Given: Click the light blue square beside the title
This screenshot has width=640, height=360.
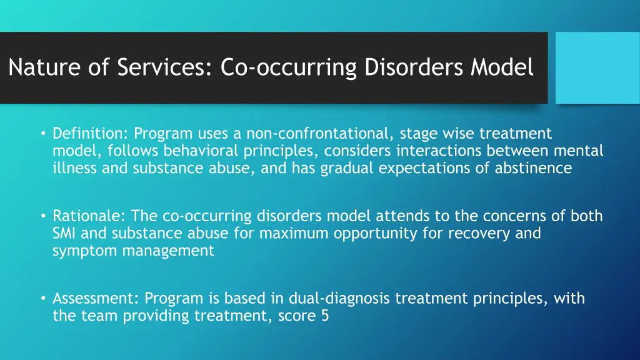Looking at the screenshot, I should pyautogui.click(x=597, y=67).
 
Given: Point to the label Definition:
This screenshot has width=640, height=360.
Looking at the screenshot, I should pyautogui.click(x=91, y=134).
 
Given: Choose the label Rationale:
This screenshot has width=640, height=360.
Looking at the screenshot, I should pyautogui.click(x=89, y=216).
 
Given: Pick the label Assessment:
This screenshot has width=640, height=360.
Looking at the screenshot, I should pyautogui.click(x=97, y=299).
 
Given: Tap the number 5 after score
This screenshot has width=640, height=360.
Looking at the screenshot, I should pyautogui.click(x=324, y=316).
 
